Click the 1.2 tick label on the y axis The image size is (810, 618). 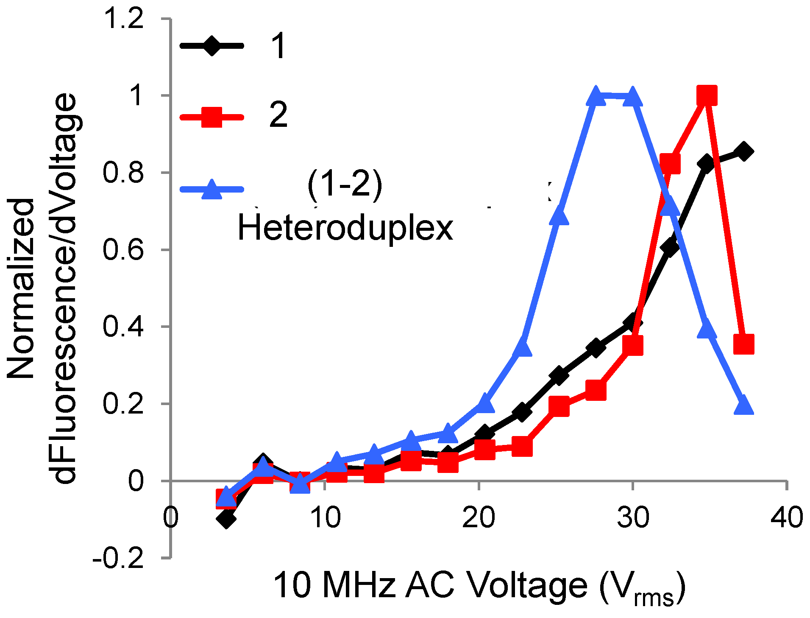[x=124, y=20]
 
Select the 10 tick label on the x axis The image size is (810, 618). [x=325, y=518]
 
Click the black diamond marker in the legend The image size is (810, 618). [x=212, y=46]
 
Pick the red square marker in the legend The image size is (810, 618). [x=212, y=117]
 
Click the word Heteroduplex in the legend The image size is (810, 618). [x=345, y=229]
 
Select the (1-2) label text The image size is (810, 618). [x=345, y=185]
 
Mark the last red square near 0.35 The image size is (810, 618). [x=743, y=344]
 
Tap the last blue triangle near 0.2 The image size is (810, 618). [x=743, y=405]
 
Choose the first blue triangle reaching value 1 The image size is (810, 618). [x=596, y=97]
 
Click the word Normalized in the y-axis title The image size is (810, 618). [x=21, y=288]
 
